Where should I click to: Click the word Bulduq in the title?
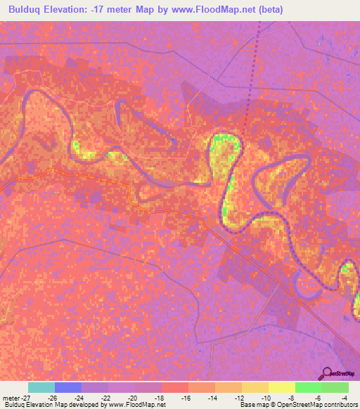[27, 9]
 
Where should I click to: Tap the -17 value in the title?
[101, 9]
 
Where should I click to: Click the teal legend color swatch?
[41, 387]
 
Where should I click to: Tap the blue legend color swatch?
[68, 387]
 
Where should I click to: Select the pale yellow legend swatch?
[282, 387]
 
